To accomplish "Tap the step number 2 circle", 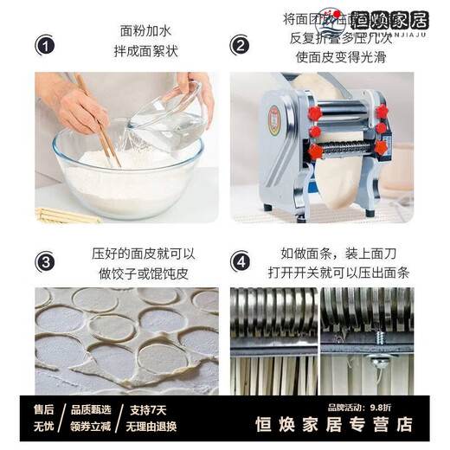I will click(240, 44).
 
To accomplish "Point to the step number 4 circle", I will click(240, 261).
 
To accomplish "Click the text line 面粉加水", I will click(143, 30).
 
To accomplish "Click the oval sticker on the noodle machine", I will click(275, 117).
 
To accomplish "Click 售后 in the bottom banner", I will click(43, 408).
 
